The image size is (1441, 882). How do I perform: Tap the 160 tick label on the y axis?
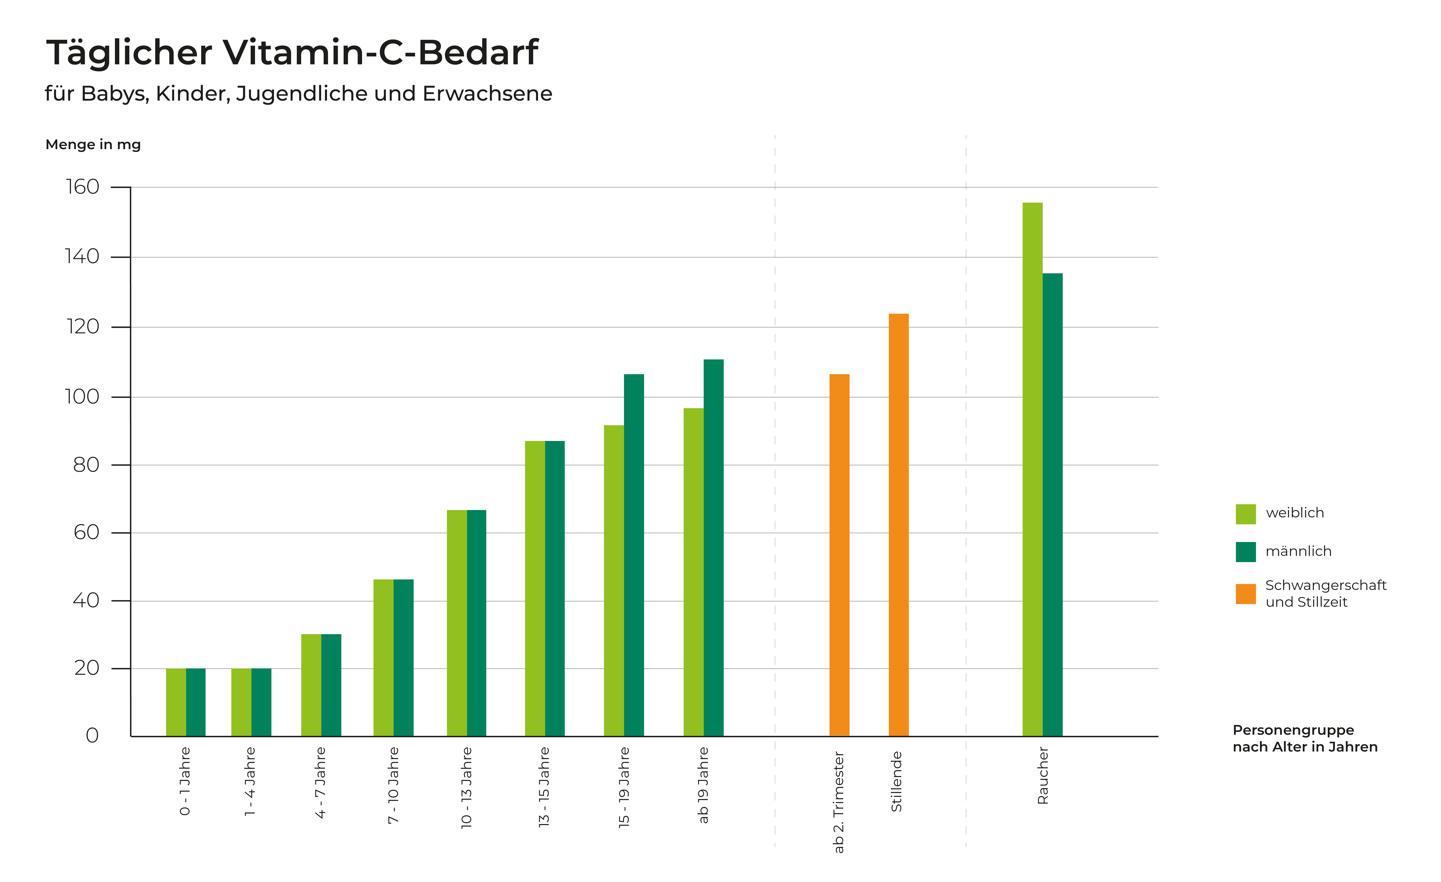pyautogui.click(x=82, y=187)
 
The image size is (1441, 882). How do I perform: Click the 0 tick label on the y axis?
pyautogui.click(x=92, y=736)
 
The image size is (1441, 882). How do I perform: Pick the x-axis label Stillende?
pyautogui.click(x=897, y=781)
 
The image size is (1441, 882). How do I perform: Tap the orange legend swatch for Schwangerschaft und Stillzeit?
pyautogui.click(x=1246, y=594)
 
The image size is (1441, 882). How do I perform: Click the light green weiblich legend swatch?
pyautogui.click(x=1246, y=514)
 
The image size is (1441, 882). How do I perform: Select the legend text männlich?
pyautogui.click(x=1298, y=551)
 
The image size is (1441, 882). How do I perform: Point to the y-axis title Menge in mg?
pyautogui.click(x=93, y=145)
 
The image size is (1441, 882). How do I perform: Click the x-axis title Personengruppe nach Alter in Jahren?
pyautogui.click(x=1305, y=739)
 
